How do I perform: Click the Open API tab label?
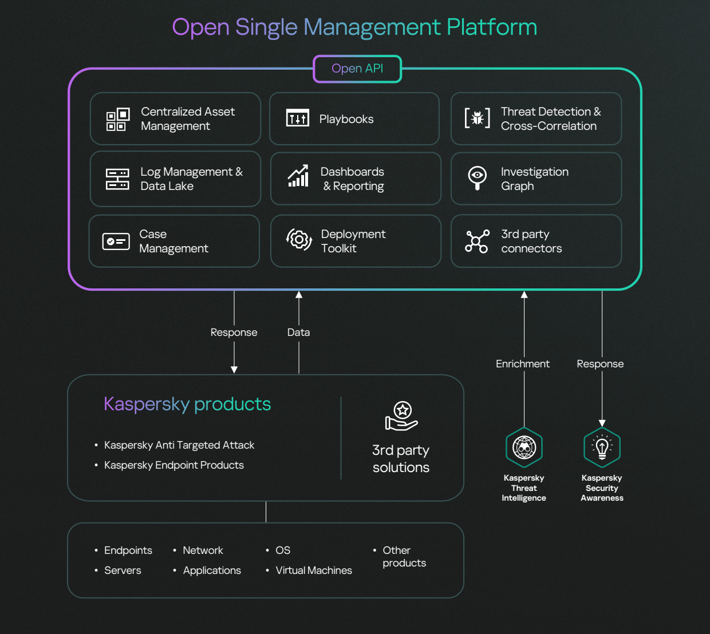click(357, 69)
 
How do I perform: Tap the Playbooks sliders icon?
click(298, 118)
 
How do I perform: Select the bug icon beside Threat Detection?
click(477, 118)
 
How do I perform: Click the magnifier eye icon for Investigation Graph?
click(477, 177)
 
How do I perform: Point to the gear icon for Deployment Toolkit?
click(299, 240)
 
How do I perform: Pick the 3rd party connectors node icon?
click(477, 241)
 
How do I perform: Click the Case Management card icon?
click(116, 241)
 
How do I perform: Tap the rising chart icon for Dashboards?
click(298, 176)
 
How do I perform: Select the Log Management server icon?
click(117, 179)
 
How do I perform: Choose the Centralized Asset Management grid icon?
click(117, 119)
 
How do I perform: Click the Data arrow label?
click(298, 332)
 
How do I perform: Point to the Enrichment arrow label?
click(522, 364)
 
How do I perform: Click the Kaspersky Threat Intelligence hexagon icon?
click(524, 447)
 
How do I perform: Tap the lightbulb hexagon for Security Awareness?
click(602, 447)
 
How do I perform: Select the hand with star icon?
click(401, 416)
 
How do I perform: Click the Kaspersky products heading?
click(187, 404)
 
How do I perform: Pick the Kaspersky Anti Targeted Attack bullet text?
click(179, 445)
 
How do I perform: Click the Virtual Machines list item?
click(314, 570)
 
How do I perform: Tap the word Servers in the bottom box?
click(123, 570)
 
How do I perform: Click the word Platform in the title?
click(492, 27)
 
